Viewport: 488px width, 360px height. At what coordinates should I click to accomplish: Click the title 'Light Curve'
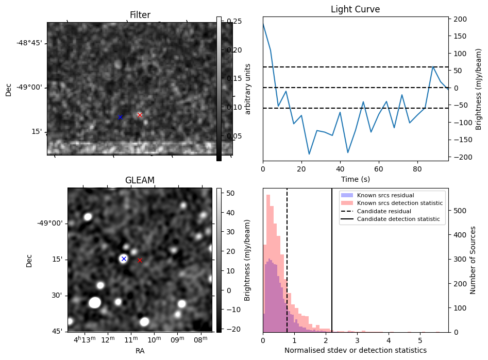[355, 10]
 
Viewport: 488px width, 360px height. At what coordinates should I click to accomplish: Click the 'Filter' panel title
[140, 15]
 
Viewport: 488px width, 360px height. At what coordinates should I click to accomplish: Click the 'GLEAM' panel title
[140, 180]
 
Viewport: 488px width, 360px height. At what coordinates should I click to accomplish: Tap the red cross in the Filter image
[140, 115]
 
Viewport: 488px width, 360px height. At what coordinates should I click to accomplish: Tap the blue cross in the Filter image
[120, 117]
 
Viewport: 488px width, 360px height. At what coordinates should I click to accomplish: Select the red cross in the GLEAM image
[140, 261]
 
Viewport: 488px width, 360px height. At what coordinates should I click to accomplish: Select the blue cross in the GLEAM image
[124, 259]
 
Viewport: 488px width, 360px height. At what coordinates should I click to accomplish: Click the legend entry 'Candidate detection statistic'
[391, 219]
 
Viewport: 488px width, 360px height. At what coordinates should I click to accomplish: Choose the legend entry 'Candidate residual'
[381, 211]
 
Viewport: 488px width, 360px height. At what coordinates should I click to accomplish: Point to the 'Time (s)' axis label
[355, 179]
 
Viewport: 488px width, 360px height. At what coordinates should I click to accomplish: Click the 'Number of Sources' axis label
[473, 260]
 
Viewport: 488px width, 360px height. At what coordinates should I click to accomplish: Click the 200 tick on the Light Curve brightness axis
[460, 19]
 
